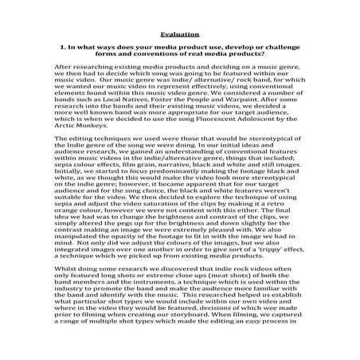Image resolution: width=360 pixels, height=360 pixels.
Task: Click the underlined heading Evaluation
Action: pos(179,34)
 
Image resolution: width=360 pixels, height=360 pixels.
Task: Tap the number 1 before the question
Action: pos(63,49)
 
